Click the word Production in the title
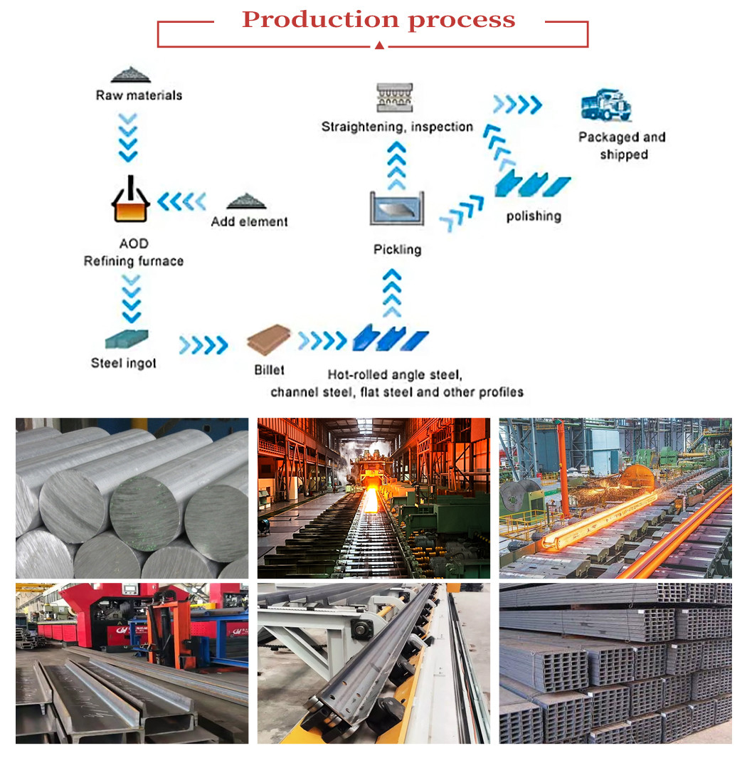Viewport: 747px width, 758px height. (320, 19)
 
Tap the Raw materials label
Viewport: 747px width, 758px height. (139, 95)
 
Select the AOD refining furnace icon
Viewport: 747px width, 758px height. (131, 200)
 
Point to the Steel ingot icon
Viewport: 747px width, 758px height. (126, 338)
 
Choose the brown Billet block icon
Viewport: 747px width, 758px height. (269, 340)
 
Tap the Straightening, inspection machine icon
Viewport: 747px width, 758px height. (396, 98)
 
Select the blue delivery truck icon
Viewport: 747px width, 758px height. (605, 105)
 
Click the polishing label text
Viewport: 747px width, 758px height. (534, 216)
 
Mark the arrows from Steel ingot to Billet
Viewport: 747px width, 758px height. (203, 345)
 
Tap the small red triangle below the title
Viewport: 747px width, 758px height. (379, 46)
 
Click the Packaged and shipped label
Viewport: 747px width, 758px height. (622, 146)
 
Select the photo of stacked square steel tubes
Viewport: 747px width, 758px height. (615, 663)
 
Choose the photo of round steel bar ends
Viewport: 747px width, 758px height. (132, 498)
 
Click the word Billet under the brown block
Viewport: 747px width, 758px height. (269, 369)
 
